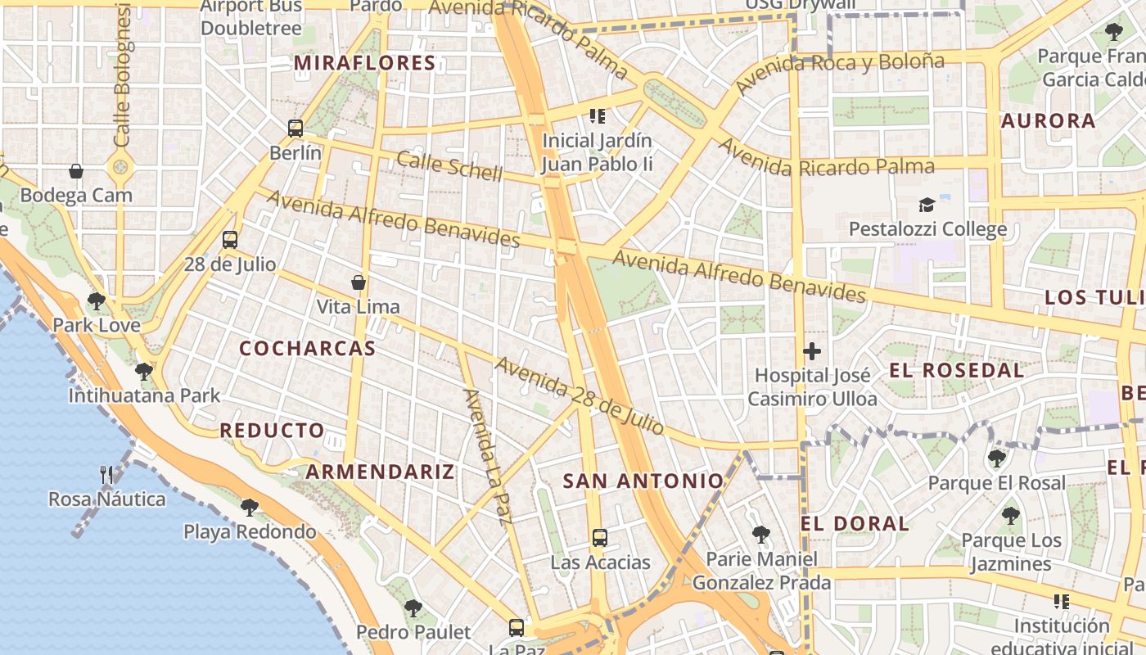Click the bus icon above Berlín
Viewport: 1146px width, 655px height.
(296, 129)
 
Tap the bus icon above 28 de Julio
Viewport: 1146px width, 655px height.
(230, 240)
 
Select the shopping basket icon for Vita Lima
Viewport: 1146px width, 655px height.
(358, 283)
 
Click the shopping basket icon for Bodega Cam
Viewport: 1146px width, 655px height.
(76, 171)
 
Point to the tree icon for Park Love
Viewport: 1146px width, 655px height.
(97, 300)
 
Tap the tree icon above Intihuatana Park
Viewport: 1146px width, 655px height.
(144, 371)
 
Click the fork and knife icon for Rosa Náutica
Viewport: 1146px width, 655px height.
(106, 474)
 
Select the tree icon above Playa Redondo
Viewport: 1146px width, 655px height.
(250, 507)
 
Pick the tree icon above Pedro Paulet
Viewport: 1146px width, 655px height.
(413, 608)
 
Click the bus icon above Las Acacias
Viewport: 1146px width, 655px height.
(600, 538)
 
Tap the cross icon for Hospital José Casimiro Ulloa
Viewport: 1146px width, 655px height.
(812, 352)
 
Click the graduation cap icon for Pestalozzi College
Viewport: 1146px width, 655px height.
(927, 205)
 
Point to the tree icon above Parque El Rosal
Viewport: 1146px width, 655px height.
(997, 458)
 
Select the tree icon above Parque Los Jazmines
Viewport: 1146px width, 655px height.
(1011, 516)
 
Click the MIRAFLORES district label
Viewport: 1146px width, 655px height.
(365, 63)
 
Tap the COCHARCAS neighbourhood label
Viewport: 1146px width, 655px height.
(307, 348)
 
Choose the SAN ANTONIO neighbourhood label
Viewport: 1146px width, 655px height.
(643, 481)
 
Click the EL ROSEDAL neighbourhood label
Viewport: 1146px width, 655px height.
(956, 370)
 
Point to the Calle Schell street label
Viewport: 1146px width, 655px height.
(449, 165)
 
